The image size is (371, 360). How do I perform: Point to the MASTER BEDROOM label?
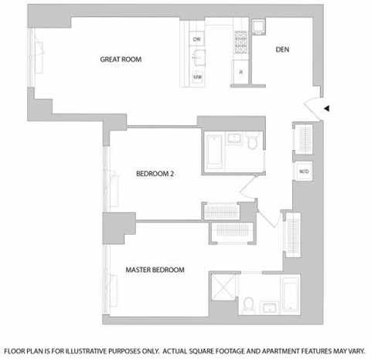click(155, 270)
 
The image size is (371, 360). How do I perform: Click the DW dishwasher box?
click(196, 39)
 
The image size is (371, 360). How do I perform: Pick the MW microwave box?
click(197, 77)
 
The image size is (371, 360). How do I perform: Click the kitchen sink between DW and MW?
click(198, 59)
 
